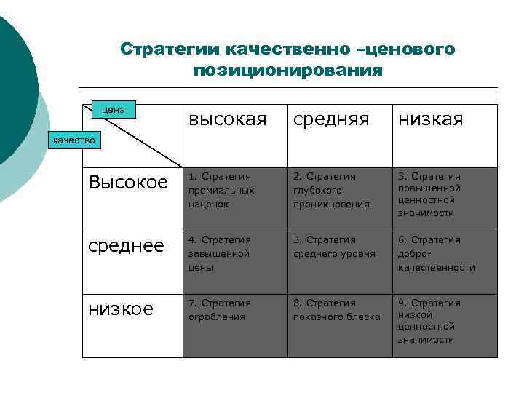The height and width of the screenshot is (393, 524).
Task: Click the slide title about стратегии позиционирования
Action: click(x=287, y=59)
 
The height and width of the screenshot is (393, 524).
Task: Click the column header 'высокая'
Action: click(x=228, y=119)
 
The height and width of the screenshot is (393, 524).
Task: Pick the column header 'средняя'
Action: click(x=331, y=119)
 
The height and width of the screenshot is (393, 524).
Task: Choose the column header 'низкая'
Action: click(x=430, y=119)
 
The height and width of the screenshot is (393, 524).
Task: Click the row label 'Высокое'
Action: click(x=127, y=182)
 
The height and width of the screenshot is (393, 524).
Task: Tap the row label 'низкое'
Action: click(x=121, y=309)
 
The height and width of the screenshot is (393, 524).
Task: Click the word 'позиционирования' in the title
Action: click(x=287, y=71)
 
